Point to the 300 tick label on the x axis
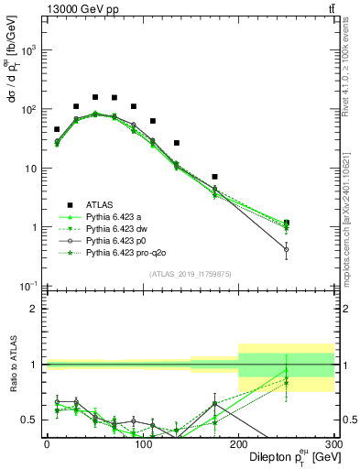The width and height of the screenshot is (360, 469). click(x=332, y=443)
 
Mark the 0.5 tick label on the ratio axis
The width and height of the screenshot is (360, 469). click(x=30, y=420)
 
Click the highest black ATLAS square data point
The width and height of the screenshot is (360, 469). click(x=95, y=96)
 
